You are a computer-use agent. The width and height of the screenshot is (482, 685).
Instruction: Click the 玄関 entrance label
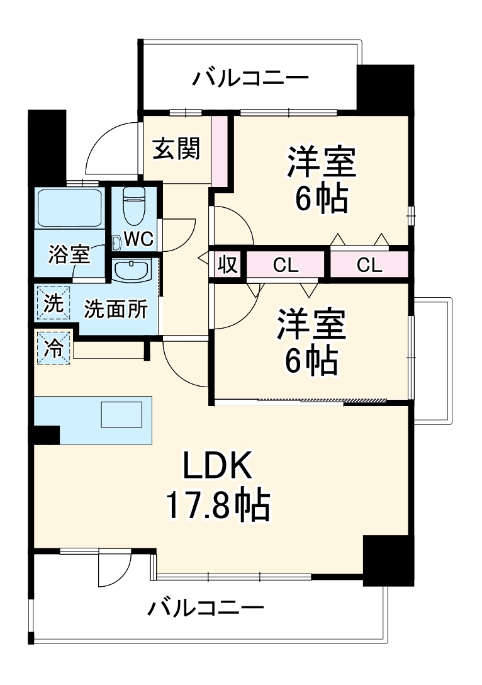(x=177, y=149)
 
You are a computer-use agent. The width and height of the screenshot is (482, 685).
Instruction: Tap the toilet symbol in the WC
(x=133, y=206)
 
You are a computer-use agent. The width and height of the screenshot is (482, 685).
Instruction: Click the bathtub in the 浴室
(x=70, y=208)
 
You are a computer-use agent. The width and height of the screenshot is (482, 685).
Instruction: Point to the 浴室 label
(x=69, y=255)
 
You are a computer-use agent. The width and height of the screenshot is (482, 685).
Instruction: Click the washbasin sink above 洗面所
(x=132, y=271)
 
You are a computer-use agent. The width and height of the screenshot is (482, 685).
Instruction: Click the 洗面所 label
(x=116, y=310)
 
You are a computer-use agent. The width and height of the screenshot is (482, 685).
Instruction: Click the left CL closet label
(x=285, y=266)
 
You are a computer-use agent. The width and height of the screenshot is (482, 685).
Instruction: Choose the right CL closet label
(x=369, y=266)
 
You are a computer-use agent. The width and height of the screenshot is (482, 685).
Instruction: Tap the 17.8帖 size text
(x=218, y=504)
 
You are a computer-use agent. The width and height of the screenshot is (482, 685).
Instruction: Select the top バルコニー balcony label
(x=250, y=79)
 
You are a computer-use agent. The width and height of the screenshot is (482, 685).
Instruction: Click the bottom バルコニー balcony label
(x=205, y=609)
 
